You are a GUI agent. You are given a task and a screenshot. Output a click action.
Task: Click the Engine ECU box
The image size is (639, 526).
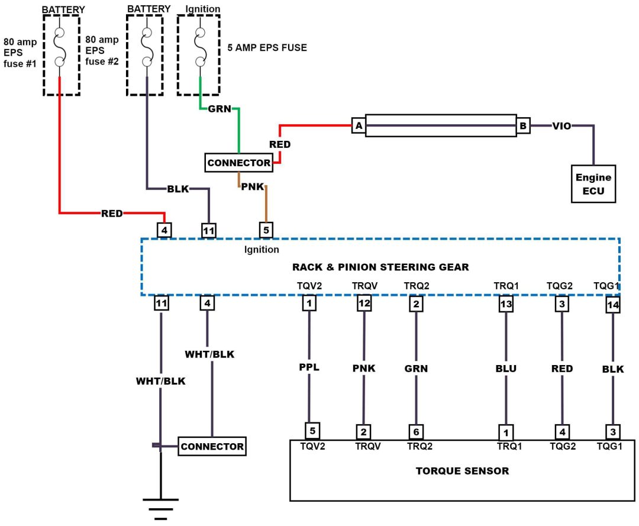593,183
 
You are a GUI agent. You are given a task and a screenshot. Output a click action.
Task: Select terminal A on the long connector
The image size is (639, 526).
358,125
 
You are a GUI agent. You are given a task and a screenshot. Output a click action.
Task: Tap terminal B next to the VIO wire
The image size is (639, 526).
523,125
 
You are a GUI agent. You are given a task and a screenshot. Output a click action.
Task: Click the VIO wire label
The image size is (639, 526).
561,125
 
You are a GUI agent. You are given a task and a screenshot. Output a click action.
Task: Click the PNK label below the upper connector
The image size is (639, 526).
251,187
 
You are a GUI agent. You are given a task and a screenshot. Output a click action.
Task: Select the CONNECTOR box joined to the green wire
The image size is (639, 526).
239,163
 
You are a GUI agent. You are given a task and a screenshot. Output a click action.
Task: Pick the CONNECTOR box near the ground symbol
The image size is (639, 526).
212,446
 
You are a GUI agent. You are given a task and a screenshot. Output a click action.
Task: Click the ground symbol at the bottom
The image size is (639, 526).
160,507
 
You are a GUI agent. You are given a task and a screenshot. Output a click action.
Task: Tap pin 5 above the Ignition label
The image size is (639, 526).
266,229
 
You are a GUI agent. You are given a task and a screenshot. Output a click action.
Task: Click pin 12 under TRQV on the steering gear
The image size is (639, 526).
364,304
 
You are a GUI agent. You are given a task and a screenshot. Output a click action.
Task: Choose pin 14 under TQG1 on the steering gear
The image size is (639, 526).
613,305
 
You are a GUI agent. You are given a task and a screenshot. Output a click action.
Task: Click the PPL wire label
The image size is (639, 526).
309,367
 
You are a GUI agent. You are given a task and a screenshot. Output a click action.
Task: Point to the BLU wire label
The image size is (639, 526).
506,369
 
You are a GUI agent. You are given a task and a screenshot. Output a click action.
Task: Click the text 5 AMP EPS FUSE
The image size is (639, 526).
267,48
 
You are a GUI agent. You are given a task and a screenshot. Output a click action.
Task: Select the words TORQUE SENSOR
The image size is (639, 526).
462,471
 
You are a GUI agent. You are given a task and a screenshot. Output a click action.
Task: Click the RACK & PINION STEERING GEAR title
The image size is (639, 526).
380,267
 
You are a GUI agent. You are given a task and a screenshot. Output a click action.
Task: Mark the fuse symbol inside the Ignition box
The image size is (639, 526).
200,47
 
